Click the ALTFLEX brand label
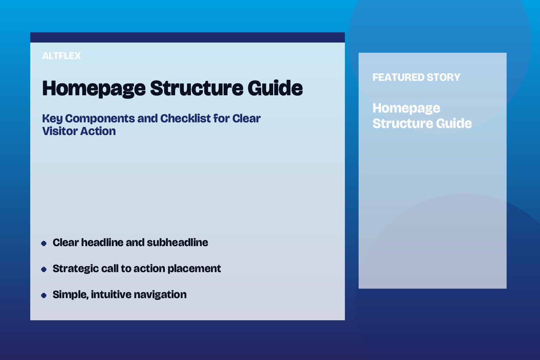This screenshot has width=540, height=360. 62,56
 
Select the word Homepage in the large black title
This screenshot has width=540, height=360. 94,88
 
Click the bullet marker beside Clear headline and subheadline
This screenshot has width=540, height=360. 44,243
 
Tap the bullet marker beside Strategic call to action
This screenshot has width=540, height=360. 44,269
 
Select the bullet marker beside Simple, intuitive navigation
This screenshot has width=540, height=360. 44,295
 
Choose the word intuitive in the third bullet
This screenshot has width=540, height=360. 111,295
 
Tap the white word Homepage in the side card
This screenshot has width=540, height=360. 406,108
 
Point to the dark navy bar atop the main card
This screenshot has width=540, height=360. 187,37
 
